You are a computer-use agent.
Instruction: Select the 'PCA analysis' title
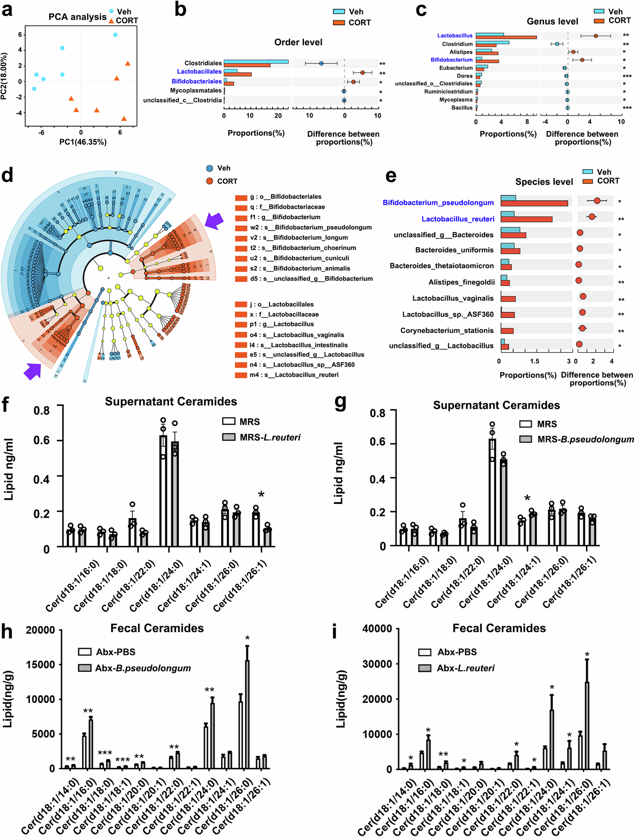[x=77, y=17]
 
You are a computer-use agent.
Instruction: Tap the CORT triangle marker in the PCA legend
[x=111, y=21]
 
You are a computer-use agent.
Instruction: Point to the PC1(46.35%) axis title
[x=83, y=142]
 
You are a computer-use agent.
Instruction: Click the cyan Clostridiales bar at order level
[x=256, y=62]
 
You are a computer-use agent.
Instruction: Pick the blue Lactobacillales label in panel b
[x=199, y=72]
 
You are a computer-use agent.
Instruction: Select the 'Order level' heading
[x=298, y=43]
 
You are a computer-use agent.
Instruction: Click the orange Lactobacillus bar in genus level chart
[x=506, y=37]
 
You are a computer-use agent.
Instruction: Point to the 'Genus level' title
[x=552, y=21]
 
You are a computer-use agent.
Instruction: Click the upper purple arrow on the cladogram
[x=214, y=220]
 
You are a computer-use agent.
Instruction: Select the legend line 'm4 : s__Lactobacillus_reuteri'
[x=294, y=375]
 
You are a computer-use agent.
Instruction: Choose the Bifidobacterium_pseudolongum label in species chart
[x=438, y=203]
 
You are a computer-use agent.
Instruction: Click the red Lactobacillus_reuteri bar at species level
[x=526, y=220]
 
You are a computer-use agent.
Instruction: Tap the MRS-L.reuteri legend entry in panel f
[x=270, y=438]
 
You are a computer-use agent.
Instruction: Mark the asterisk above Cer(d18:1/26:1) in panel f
[x=261, y=494]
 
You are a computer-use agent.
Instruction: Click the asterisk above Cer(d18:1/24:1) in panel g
[x=527, y=498]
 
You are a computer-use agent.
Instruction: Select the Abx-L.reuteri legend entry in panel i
[x=465, y=668]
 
